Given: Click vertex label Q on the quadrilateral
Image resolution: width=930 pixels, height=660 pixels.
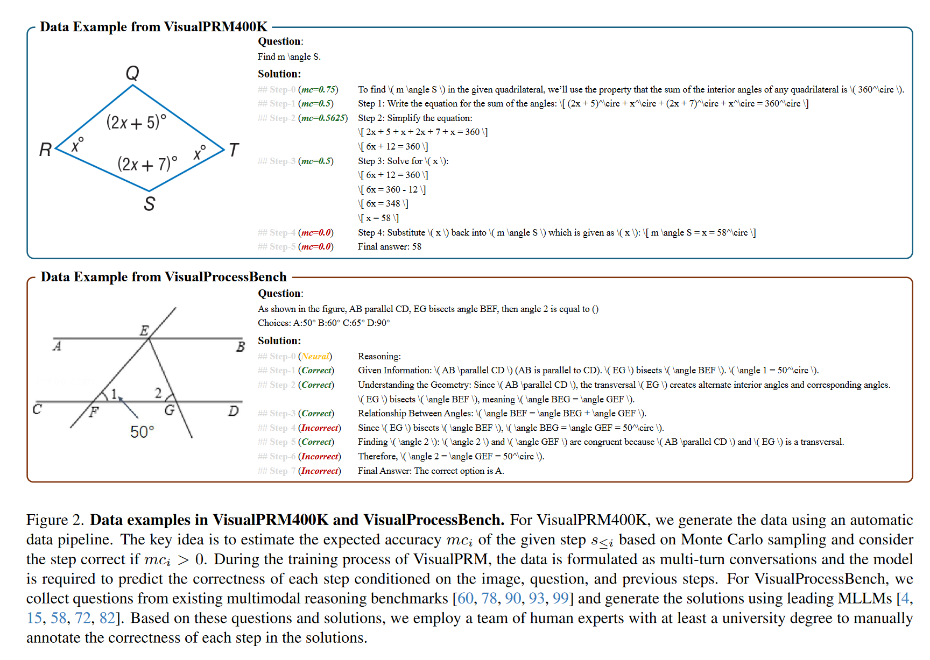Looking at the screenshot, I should click(132, 73).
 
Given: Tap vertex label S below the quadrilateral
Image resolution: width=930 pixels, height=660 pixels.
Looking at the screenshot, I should click(150, 204).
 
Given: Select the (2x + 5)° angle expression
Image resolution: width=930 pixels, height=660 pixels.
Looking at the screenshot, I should click(136, 122).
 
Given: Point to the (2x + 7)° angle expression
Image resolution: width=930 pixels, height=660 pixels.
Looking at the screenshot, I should click(147, 164).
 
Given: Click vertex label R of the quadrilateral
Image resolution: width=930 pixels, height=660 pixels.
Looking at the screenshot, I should click(45, 150).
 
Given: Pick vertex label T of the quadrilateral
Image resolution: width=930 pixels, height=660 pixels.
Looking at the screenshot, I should click(234, 150).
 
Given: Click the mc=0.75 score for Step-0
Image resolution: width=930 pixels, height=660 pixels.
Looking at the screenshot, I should click(318, 89).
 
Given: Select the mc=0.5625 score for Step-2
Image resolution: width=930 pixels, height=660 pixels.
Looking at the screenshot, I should click(323, 118).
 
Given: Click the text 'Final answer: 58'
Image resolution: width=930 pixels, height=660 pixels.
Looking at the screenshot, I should click(390, 246).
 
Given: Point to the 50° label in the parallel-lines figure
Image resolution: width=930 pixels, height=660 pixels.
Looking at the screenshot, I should click(142, 432).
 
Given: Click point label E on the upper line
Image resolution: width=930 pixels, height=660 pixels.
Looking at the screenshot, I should click(144, 330).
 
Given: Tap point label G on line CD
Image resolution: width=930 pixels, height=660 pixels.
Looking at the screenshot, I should click(170, 410).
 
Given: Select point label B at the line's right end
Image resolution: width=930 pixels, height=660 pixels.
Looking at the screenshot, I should click(241, 347).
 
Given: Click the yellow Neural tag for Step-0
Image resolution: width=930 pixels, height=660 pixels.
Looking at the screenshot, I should click(315, 356).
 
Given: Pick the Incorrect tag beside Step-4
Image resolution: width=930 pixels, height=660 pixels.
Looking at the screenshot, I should click(320, 428).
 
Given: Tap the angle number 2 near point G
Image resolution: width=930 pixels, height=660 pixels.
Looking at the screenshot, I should click(158, 393).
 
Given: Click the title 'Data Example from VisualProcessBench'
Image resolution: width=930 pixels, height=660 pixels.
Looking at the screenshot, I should click(164, 277).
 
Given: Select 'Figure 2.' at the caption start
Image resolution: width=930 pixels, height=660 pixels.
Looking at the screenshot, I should click(55, 520).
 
